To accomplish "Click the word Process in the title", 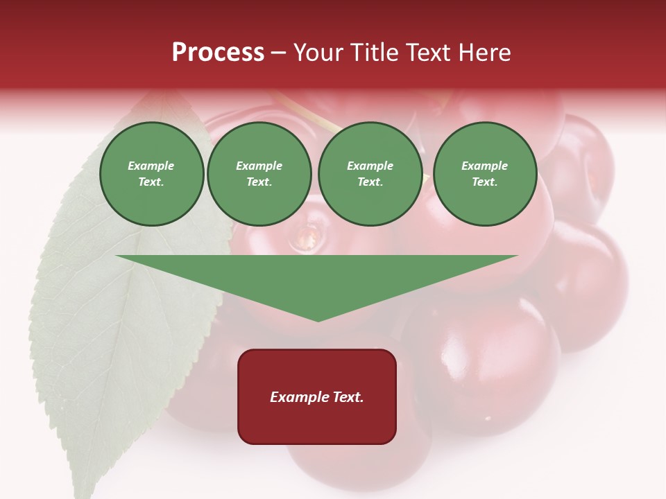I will click(x=218, y=53).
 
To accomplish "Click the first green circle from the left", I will click(x=152, y=174).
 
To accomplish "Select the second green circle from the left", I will click(x=259, y=174).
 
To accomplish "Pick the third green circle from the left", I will click(x=370, y=174).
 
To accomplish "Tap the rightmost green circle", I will click(x=485, y=174).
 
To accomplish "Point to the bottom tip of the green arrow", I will click(x=318, y=320).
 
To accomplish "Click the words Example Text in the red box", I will click(x=317, y=397).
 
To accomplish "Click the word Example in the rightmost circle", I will click(x=485, y=166).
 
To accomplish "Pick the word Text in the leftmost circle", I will click(x=151, y=182).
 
